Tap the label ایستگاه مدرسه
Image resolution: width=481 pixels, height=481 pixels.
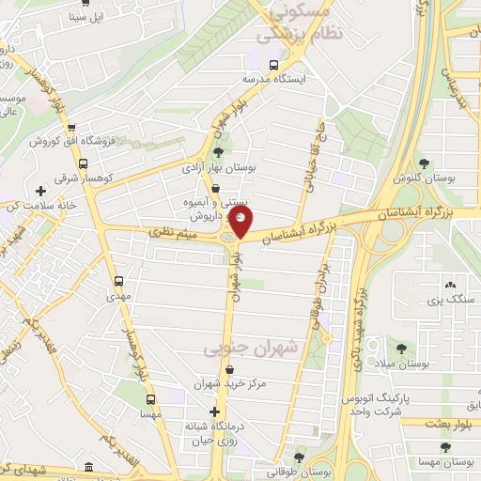coord(273,80)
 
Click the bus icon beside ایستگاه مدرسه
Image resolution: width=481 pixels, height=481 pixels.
coord(273,65)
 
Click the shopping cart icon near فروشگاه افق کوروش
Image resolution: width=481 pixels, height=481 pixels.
coord(70,128)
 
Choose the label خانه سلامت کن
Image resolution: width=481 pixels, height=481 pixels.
coord(39,206)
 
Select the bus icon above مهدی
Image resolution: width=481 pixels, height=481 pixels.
coord(118,280)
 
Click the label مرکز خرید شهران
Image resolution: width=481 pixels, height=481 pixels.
coord(226,383)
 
